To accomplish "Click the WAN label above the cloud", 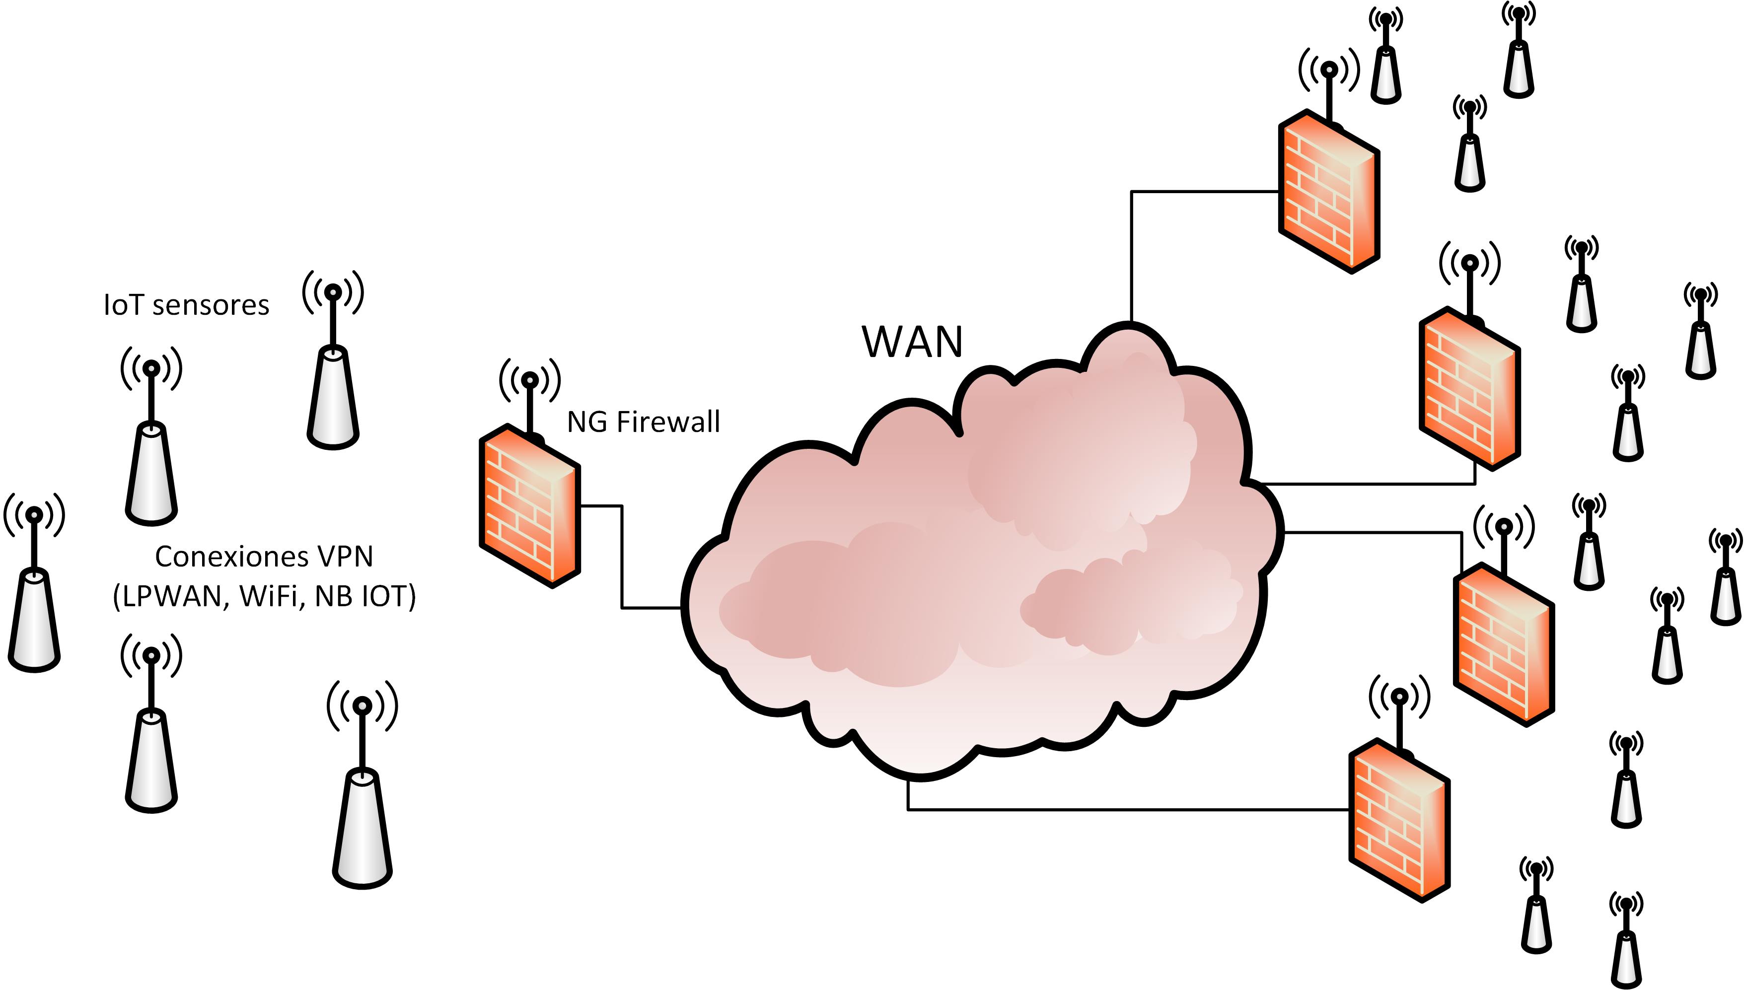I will click(912, 342).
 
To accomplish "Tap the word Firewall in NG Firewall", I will click(668, 422).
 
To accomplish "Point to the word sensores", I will click(211, 305).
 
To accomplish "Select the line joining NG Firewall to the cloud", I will click(622, 558).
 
